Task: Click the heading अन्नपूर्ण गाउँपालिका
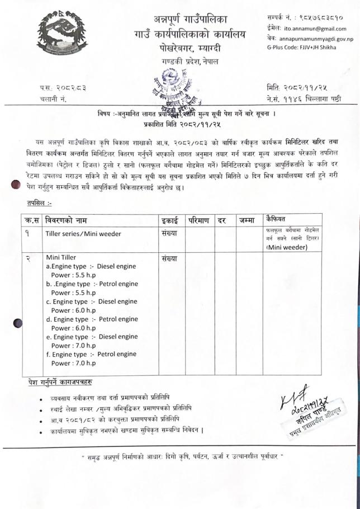pos(198,18)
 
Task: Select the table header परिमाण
pos(200,219)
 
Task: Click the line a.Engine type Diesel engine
pos(90,266)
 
